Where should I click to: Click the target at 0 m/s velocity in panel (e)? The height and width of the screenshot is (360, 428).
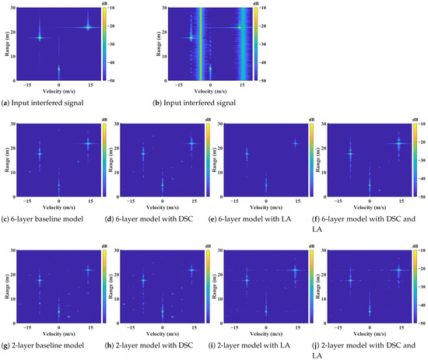[x=266, y=185]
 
